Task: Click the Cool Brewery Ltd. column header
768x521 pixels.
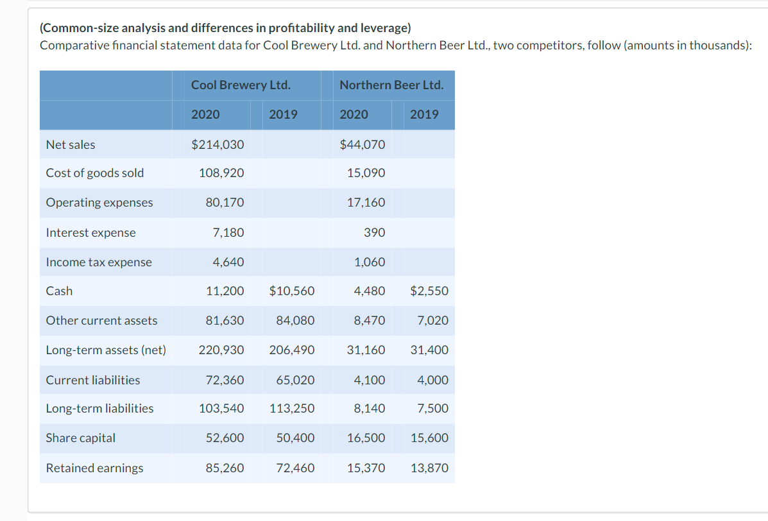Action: point(241,85)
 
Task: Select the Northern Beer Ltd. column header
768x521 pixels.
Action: point(391,85)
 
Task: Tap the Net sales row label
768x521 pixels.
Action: point(71,145)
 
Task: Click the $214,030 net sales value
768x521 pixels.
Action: point(218,145)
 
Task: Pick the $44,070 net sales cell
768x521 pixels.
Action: point(363,145)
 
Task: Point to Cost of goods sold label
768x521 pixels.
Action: point(95,173)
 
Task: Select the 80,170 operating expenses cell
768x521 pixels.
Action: point(225,203)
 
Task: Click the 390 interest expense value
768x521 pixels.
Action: point(374,233)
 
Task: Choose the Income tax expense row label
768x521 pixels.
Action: point(99,262)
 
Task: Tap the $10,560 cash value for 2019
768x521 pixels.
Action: point(292,291)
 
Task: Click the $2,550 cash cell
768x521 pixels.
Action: point(429,291)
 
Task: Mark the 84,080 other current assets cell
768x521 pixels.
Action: point(295,321)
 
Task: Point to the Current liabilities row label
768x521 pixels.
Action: point(93,380)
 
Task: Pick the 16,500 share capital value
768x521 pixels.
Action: point(366,438)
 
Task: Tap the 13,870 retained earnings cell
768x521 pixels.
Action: point(429,468)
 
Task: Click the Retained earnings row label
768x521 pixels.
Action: point(94,468)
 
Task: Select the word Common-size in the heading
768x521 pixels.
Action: point(73,28)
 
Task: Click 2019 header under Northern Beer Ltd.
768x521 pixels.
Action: point(424,115)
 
